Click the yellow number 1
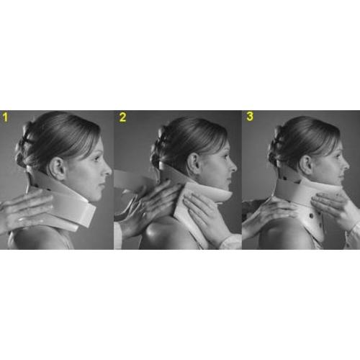point(5,117)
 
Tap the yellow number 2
point(122,117)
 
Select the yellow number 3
point(250,116)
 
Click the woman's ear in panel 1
point(58,168)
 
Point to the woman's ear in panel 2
point(194,164)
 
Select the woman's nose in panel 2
point(233,166)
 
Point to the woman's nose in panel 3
point(346,164)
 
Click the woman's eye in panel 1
point(96,158)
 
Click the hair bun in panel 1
point(23,146)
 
